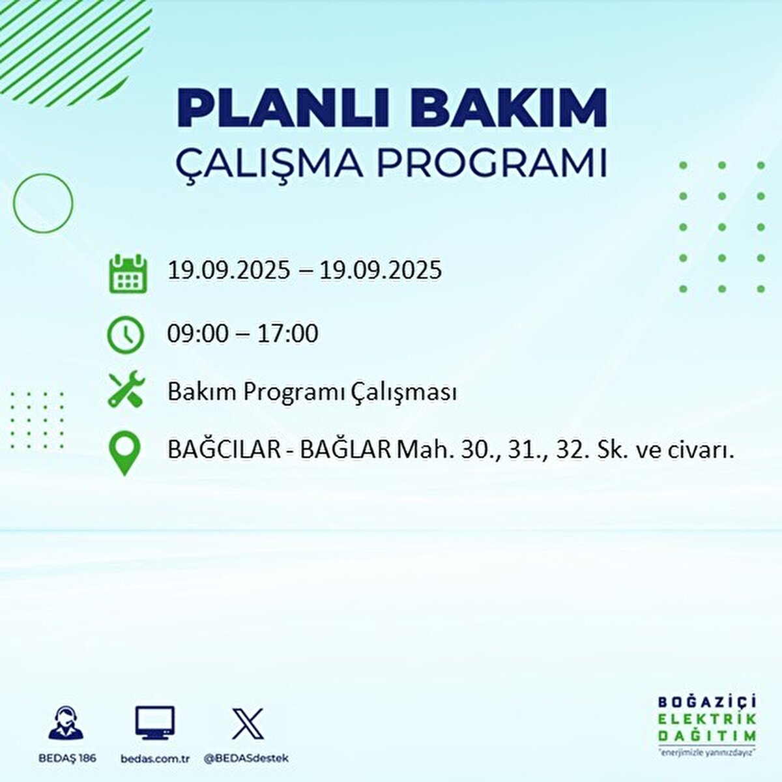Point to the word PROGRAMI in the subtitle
[491, 164]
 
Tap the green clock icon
[125, 334]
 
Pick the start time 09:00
[198, 334]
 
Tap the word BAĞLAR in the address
[345, 450]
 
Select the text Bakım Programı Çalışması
[311, 392]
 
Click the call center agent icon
[66, 723]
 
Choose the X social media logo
[248, 723]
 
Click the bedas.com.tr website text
[155, 759]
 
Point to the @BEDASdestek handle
[246, 759]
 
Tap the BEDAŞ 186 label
[66, 759]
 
